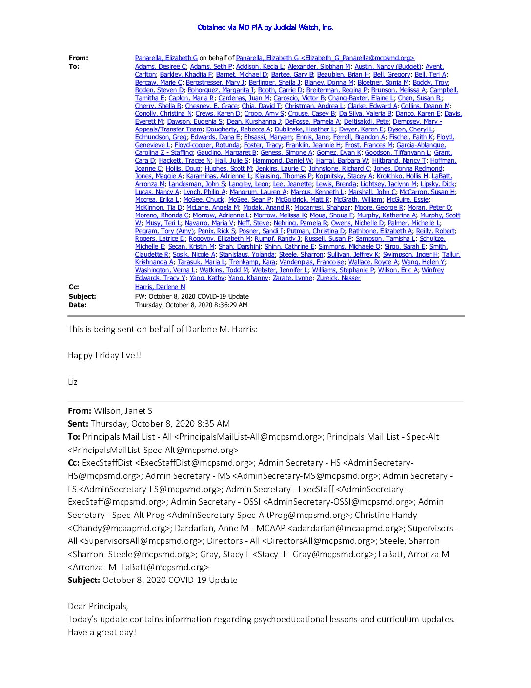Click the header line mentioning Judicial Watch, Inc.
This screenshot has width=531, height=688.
coord(265,27)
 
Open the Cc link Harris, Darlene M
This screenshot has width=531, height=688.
coord(160,287)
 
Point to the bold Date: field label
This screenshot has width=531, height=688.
coord(78,305)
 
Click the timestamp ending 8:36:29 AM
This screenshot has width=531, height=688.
coord(191,305)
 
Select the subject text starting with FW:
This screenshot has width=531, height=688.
coord(192,296)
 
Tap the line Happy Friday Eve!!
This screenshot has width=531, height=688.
coord(104,355)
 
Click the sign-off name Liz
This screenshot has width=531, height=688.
coord(73,382)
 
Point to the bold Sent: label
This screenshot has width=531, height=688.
coord(78,424)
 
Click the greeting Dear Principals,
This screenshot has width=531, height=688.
coord(98,606)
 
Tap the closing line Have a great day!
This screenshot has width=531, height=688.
coord(102,632)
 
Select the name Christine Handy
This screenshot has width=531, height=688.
coord(386,515)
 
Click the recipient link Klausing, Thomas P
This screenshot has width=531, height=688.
coord(283,176)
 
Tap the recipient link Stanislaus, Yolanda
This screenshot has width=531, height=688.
coord(247,255)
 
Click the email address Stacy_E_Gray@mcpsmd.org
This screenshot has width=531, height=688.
coord(312,554)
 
